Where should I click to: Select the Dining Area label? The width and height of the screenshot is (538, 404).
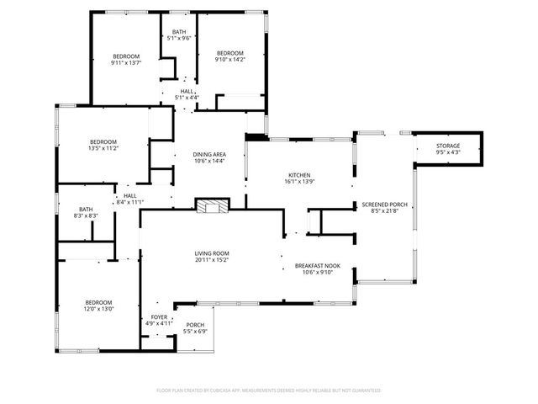(208, 154)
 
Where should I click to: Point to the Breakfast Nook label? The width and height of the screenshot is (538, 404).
(314, 265)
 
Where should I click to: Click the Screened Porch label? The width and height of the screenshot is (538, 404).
(383, 205)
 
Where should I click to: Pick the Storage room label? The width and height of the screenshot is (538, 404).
(447, 146)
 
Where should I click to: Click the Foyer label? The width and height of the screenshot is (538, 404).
(159, 316)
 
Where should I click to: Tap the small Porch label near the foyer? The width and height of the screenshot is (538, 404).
(194, 325)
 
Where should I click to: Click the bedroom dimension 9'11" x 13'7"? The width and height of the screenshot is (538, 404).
(125, 62)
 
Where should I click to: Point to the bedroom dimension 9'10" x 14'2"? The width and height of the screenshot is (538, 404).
(229, 59)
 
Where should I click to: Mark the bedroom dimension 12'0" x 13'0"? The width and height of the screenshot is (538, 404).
(98, 309)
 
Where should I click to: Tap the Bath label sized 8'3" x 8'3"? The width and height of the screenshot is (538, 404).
(86, 216)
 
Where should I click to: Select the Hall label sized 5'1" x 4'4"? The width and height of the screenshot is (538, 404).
(186, 98)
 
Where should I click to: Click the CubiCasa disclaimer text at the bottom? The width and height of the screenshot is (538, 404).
(268, 391)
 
